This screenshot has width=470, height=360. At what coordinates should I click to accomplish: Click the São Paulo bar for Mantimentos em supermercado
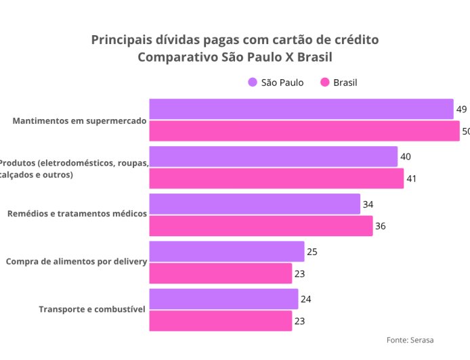pyautogui.click(x=301, y=109)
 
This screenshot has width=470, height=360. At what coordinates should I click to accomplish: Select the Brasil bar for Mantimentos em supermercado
pyautogui.click(x=304, y=131)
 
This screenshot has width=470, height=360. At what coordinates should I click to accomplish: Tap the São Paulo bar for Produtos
pyautogui.click(x=273, y=156)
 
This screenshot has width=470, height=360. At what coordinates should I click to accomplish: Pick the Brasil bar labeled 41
pyautogui.click(x=276, y=179)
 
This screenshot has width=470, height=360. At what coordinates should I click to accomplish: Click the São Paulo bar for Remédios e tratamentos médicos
pyautogui.click(x=255, y=204)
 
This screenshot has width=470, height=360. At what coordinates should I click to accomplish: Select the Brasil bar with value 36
pyautogui.click(x=261, y=226)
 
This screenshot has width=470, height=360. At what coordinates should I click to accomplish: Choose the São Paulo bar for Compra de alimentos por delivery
pyautogui.click(x=226, y=251)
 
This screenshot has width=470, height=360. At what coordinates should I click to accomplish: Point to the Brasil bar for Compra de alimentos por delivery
pyautogui.click(x=220, y=273)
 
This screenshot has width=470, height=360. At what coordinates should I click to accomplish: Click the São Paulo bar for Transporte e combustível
pyautogui.click(x=223, y=298)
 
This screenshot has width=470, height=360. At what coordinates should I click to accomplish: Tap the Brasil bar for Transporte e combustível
pyautogui.click(x=220, y=321)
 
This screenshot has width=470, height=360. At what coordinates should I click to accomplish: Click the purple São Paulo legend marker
pyautogui.click(x=252, y=83)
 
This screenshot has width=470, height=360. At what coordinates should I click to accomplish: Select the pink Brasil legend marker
pyautogui.click(x=324, y=83)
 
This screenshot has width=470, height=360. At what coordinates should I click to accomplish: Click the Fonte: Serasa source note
pyautogui.click(x=410, y=340)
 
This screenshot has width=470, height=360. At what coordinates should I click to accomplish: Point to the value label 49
pyautogui.click(x=461, y=109)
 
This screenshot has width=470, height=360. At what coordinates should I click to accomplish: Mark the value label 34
pyautogui.click(x=368, y=204)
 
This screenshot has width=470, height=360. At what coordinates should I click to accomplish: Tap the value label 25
pyautogui.click(x=312, y=252)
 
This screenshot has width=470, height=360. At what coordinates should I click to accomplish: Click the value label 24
pyautogui.click(x=305, y=299)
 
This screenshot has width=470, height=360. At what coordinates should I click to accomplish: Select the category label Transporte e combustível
pyautogui.click(x=92, y=309)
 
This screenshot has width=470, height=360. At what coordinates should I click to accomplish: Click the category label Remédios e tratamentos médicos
pyautogui.click(x=77, y=214)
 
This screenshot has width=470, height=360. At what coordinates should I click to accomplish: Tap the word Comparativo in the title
pyautogui.click(x=177, y=57)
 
